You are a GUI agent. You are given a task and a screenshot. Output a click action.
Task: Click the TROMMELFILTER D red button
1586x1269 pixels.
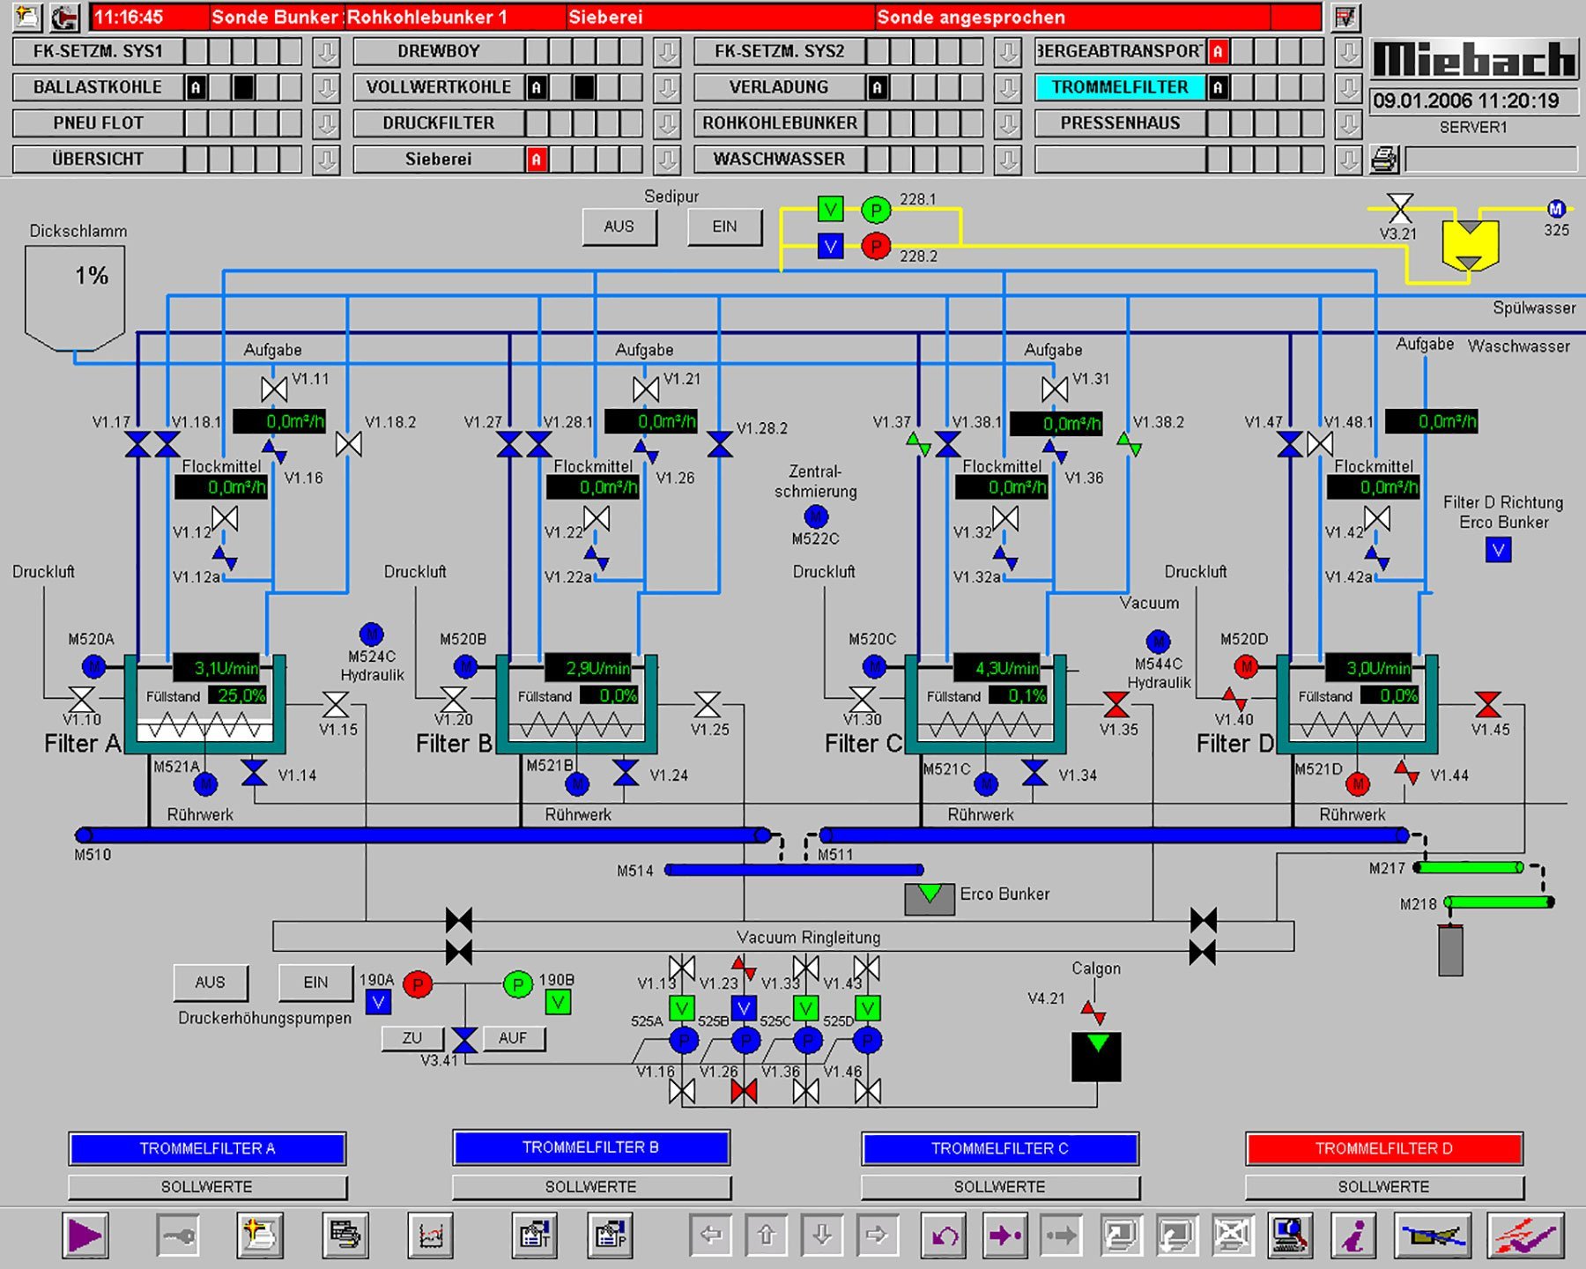(1383, 1148)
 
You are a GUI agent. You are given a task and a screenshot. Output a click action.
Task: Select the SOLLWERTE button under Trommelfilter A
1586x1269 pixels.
(207, 1187)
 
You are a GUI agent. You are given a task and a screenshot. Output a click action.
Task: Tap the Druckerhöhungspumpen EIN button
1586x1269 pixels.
(315, 983)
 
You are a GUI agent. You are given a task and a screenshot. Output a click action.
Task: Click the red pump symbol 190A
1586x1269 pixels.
(418, 983)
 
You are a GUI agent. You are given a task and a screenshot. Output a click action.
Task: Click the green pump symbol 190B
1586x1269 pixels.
(518, 983)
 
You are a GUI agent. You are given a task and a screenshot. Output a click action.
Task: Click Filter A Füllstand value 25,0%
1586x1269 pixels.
(241, 695)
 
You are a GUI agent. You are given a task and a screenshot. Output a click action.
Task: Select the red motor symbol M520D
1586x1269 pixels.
(1246, 667)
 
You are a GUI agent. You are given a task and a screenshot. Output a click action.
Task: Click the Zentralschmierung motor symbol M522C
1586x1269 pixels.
(816, 516)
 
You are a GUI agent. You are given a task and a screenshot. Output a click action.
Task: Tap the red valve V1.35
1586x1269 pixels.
(1116, 705)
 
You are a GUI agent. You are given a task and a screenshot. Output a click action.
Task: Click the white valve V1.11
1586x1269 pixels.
(274, 389)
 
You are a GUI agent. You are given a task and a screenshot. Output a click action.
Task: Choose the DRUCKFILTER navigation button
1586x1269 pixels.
(439, 123)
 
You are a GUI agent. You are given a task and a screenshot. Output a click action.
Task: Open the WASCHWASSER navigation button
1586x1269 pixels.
(779, 160)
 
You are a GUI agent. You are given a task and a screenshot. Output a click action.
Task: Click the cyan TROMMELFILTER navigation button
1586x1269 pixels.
(1120, 87)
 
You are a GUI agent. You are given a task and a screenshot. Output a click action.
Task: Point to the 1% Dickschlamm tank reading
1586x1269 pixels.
(91, 276)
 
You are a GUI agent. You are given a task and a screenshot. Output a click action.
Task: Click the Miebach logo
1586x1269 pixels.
(1474, 60)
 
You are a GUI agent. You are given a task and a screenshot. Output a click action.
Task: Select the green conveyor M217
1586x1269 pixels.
(1469, 867)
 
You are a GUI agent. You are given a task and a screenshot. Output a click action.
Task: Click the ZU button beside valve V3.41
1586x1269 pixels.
(411, 1038)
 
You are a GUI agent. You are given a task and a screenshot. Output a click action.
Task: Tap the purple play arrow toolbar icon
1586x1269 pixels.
(85, 1236)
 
